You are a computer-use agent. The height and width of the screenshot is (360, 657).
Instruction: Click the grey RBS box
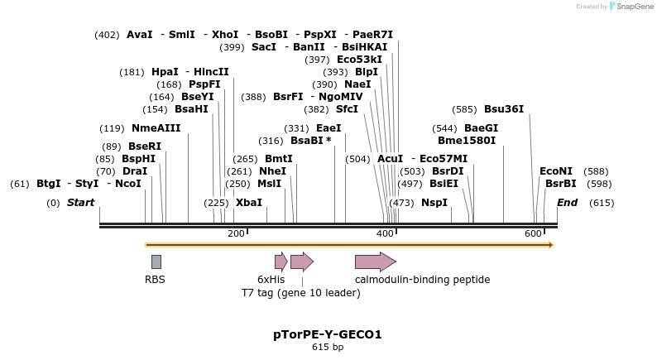click(156, 262)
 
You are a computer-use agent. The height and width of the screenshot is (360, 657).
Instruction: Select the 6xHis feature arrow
click(281, 262)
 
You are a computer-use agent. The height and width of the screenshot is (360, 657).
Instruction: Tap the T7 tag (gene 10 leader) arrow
click(301, 262)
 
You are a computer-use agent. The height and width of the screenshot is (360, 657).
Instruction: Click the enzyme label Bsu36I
click(503, 109)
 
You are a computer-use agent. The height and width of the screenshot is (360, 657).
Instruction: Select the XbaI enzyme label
click(248, 203)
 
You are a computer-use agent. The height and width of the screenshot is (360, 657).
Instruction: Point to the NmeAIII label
click(156, 128)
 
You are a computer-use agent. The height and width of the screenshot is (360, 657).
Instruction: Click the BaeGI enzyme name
click(481, 128)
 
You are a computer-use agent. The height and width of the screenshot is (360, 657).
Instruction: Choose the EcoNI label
click(555, 171)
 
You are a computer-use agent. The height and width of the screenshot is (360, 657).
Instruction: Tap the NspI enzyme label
click(434, 203)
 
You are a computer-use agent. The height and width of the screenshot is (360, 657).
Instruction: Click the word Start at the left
click(80, 203)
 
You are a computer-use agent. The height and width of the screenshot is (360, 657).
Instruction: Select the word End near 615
click(567, 203)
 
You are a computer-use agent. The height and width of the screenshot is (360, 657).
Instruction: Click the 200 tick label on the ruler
click(236, 234)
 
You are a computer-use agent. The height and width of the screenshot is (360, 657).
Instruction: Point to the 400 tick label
click(385, 234)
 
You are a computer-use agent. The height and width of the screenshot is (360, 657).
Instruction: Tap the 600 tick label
click(533, 234)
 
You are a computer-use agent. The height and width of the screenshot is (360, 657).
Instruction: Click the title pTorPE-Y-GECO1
click(328, 334)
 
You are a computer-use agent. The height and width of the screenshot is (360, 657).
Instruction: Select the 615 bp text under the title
click(328, 348)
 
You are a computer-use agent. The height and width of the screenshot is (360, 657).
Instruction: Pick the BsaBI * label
click(310, 141)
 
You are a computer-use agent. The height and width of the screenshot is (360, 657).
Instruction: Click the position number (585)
click(464, 109)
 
